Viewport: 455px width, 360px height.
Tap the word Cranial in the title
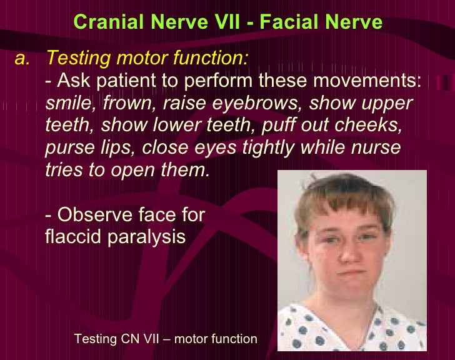pyautogui.click(x=106, y=22)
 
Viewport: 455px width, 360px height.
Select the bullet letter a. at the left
pyautogui.click(x=22, y=59)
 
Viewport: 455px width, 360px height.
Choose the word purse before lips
pyautogui.click(x=69, y=148)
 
